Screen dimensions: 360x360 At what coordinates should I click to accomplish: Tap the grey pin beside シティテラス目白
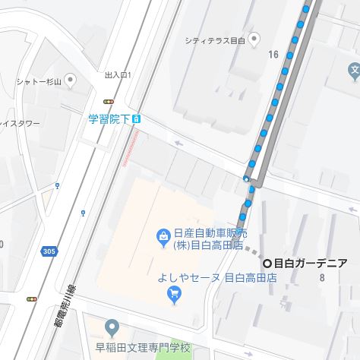click(254, 39)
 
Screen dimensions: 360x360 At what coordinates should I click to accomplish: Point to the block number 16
click(273, 54)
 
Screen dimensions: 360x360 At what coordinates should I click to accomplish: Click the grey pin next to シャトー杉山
click(71, 79)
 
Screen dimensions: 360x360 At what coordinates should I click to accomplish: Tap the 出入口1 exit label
click(118, 75)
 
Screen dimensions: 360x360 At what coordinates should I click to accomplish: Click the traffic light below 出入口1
click(109, 100)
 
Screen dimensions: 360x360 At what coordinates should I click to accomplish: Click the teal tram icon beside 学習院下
click(136, 118)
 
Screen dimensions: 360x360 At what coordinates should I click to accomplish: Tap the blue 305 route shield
click(49, 251)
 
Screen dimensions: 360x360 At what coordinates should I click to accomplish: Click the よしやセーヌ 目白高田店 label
click(217, 277)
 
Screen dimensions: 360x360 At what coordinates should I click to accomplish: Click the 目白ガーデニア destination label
click(310, 263)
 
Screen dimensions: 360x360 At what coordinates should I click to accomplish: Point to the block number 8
click(322, 277)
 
